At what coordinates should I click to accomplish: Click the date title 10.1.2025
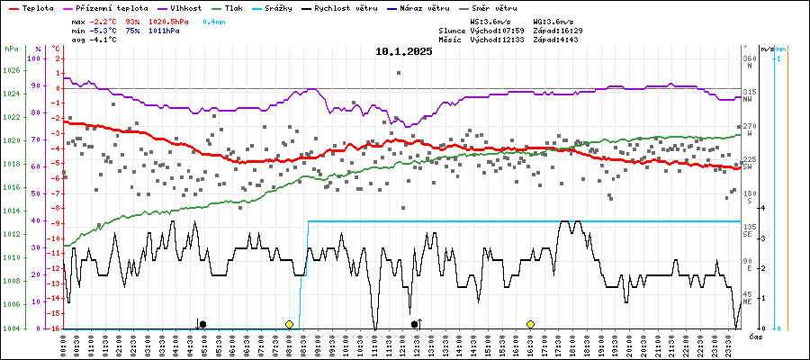(x=404, y=51)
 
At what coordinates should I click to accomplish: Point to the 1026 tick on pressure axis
(x=12, y=71)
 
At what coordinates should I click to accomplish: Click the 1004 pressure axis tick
(x=12, y=328)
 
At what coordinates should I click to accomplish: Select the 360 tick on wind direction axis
(x=750, y=58)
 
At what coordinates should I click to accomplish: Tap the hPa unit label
(x=11, y=49)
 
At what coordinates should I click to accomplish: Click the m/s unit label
(x=767, y=49)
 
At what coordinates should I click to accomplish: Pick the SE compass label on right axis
(x=747, y=237)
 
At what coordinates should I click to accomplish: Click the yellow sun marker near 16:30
(x=531, y=324)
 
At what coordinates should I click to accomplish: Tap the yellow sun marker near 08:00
(x=289, y=324)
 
